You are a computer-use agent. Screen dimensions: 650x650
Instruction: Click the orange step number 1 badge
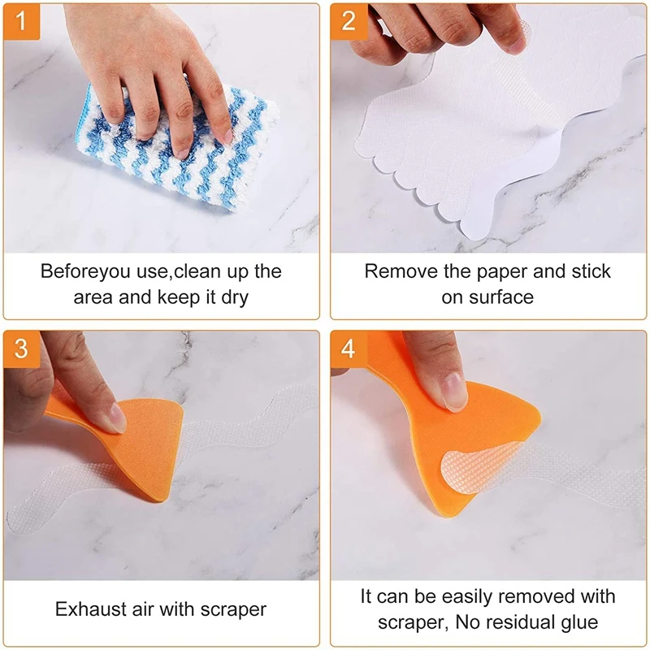tap(22, 22)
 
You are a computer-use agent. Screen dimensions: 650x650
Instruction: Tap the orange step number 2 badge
tap(349, 22)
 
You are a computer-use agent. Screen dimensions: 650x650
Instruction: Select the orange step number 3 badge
tap(22, 349)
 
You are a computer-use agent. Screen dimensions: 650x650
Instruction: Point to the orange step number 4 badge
tap(349, 349)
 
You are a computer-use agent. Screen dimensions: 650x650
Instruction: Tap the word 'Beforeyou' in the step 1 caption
tap(84, 272)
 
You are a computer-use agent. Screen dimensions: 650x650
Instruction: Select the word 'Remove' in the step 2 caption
tap(401, 271)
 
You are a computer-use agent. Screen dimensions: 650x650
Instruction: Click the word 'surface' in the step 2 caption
tap(501, 297)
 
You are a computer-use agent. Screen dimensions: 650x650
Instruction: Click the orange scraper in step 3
tap(120, 445)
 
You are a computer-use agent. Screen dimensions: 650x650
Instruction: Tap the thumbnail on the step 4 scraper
tap(454, 392)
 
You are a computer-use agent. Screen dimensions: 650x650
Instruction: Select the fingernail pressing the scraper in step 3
tap(118, 418)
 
